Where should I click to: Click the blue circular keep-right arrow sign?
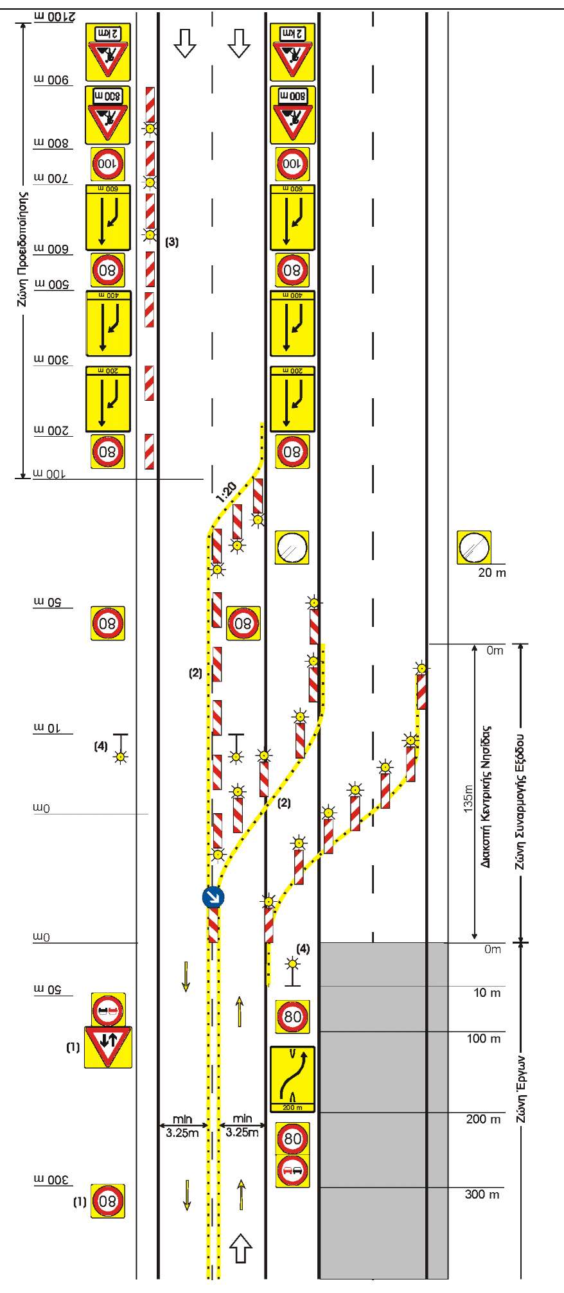point(212,897)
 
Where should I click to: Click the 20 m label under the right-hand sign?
point(492,572)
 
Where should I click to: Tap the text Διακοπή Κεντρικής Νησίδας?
point(486,797)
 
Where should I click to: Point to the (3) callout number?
point(172,242)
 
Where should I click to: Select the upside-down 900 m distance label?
point(51,79)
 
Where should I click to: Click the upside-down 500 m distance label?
point(51,284)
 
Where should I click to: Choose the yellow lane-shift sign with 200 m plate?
point(292,1080)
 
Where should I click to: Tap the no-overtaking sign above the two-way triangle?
point(108,1010)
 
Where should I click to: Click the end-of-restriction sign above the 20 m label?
point(473,548)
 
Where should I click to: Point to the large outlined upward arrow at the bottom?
point(241,1248)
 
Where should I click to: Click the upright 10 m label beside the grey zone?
point(487,993)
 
